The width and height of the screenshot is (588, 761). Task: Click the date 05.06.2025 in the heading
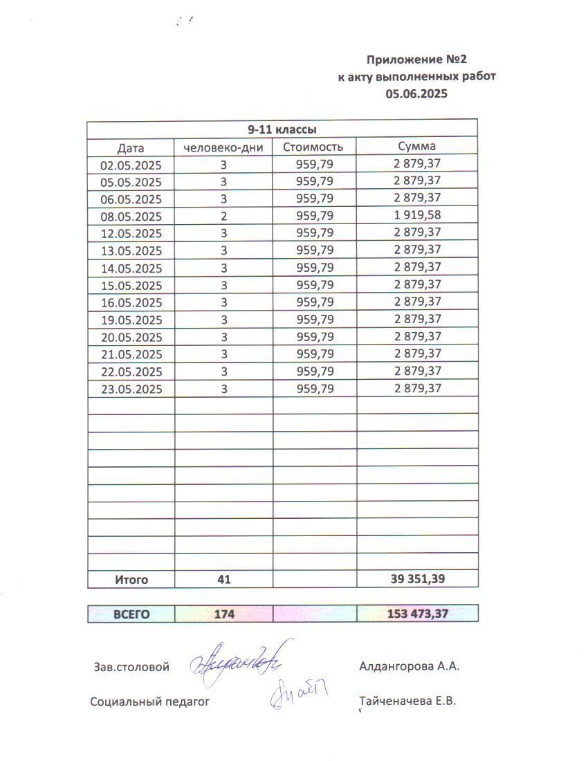tap(416, 94)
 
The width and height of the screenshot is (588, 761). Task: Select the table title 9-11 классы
tap(282, 129)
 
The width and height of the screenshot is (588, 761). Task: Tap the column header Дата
tap(131, 147)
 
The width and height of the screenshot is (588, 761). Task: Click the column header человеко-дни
tap(223, 147)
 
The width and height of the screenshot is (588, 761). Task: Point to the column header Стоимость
tap(314, 147)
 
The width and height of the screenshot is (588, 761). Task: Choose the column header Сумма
tap(416, 147)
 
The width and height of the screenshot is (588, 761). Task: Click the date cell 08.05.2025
tap(131, 217)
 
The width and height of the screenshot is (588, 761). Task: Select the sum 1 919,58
tap(417, 215)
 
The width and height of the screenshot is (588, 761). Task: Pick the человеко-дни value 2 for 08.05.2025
tap(223, 216)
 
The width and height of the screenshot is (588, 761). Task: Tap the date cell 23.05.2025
tap(131, 389)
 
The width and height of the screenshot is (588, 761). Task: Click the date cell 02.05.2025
tap(131, 165)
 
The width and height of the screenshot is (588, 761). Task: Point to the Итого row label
tap(131, 580)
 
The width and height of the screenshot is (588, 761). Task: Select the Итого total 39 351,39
tap(417, 579)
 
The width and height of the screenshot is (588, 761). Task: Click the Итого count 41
tap(223, 580)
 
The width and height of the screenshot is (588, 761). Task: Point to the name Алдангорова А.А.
tap(410, 667)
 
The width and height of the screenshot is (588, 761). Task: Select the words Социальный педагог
tap(149, 702)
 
